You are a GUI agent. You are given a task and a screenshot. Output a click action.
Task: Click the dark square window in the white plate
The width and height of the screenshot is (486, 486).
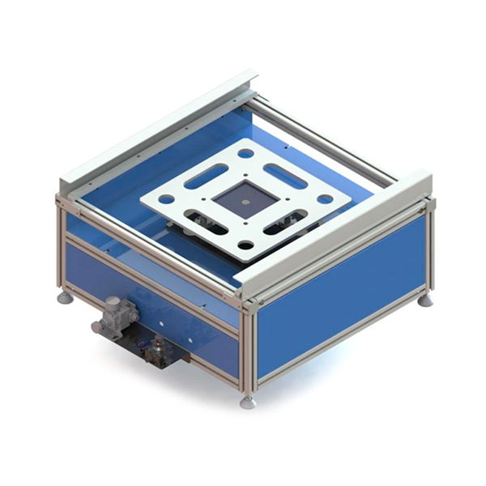point(245,198)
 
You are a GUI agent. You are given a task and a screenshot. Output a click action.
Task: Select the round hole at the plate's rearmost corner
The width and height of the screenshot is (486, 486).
point(245,152)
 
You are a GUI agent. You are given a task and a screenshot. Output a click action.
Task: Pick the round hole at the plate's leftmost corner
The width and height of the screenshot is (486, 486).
point(165,198)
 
